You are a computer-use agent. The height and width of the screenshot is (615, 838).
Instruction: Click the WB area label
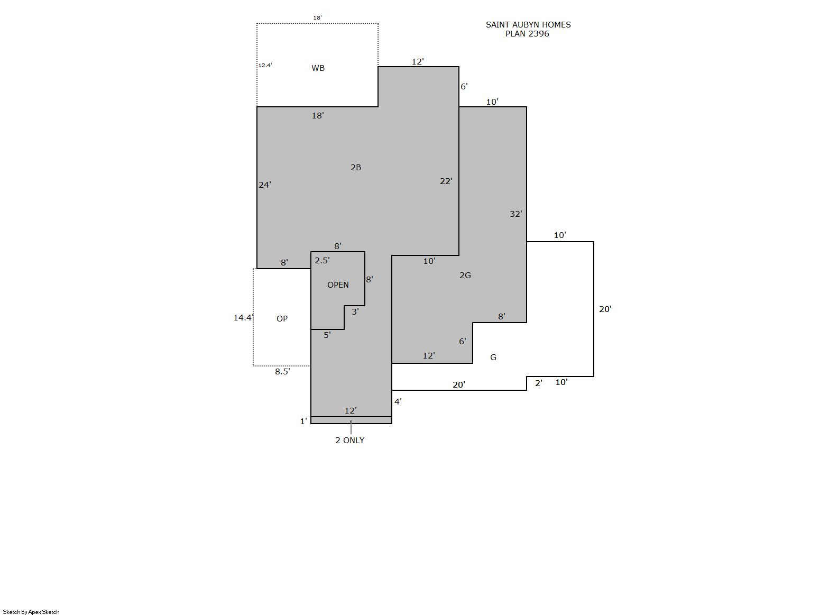click(x=318, y=68)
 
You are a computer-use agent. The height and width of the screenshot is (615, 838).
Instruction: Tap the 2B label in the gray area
click(x=356, y=168)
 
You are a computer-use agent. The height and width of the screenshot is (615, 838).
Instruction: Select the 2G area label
click(x=465, y=276)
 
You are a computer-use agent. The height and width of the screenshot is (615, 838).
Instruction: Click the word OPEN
click(x=338, y=285)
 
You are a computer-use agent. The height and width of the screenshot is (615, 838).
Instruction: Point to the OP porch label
click(x=282, y=319)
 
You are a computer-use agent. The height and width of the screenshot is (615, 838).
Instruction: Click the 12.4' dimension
click(x=265, y=66)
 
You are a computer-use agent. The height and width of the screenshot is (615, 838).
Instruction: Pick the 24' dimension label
click(x=265, y=185)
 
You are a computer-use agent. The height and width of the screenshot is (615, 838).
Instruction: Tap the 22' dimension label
click(x=446, y=181)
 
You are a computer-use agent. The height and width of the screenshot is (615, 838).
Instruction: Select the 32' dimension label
click(x=516, y=214)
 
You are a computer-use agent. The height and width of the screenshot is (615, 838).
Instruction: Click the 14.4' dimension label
click(x=244, y=318)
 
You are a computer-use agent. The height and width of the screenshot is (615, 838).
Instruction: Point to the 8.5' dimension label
click(x=282, y=371)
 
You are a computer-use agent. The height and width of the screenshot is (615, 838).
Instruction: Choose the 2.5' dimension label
click(x=322, y=260)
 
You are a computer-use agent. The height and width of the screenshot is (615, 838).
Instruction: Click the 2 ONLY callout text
click(x=350, y=440)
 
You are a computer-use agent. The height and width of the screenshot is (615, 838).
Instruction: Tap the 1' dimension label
click(x=303, y=421)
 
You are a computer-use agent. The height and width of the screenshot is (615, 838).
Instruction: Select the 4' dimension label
click(x=398, y=402)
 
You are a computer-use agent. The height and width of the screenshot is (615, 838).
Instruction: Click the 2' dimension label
click(x=539, y=383)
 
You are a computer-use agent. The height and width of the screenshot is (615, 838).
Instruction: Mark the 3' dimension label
click(x=355, y=311)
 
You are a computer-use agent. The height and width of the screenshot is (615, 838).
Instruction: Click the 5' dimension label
click(x=327, y=335)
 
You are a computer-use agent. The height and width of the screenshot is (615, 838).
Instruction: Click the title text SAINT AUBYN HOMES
click(x=528, y=25)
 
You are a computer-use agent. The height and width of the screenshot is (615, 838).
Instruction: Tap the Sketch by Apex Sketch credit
click(x=31, y=612)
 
